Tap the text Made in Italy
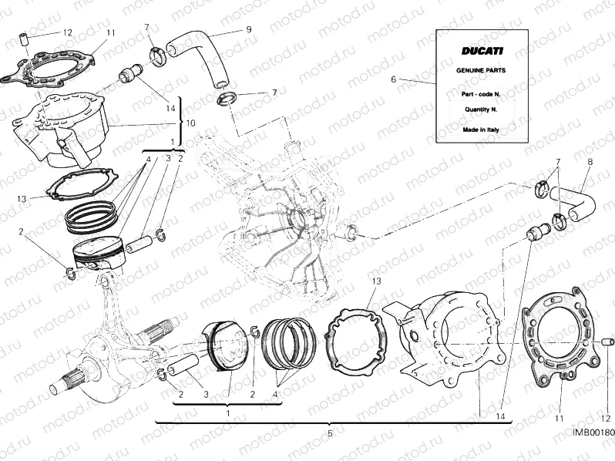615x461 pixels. pos(482,130)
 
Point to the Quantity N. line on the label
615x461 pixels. pos(482,109)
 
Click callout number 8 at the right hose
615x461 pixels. pos(590,163)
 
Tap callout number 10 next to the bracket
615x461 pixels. pos(191,123)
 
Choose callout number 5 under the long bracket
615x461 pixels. pos(329,434)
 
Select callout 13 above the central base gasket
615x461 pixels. pos(375,281)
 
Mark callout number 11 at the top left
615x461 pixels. pos(111,32)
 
